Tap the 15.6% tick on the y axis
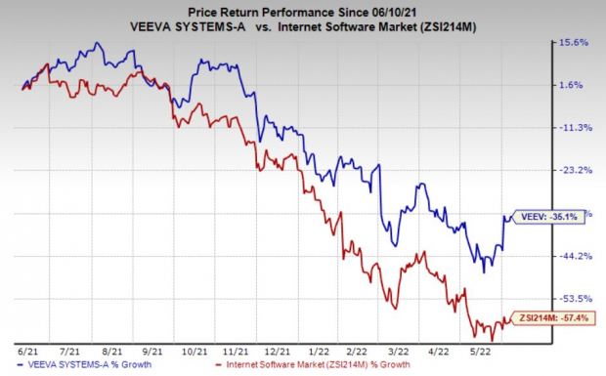[574, 43]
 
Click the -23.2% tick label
[574, 170]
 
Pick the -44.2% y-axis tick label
[574, 256]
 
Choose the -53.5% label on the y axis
[574, 298]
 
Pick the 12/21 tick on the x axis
[280, 349]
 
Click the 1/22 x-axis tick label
[321, 349]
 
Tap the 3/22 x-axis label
[401, 349]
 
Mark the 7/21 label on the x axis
[69, 349]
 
